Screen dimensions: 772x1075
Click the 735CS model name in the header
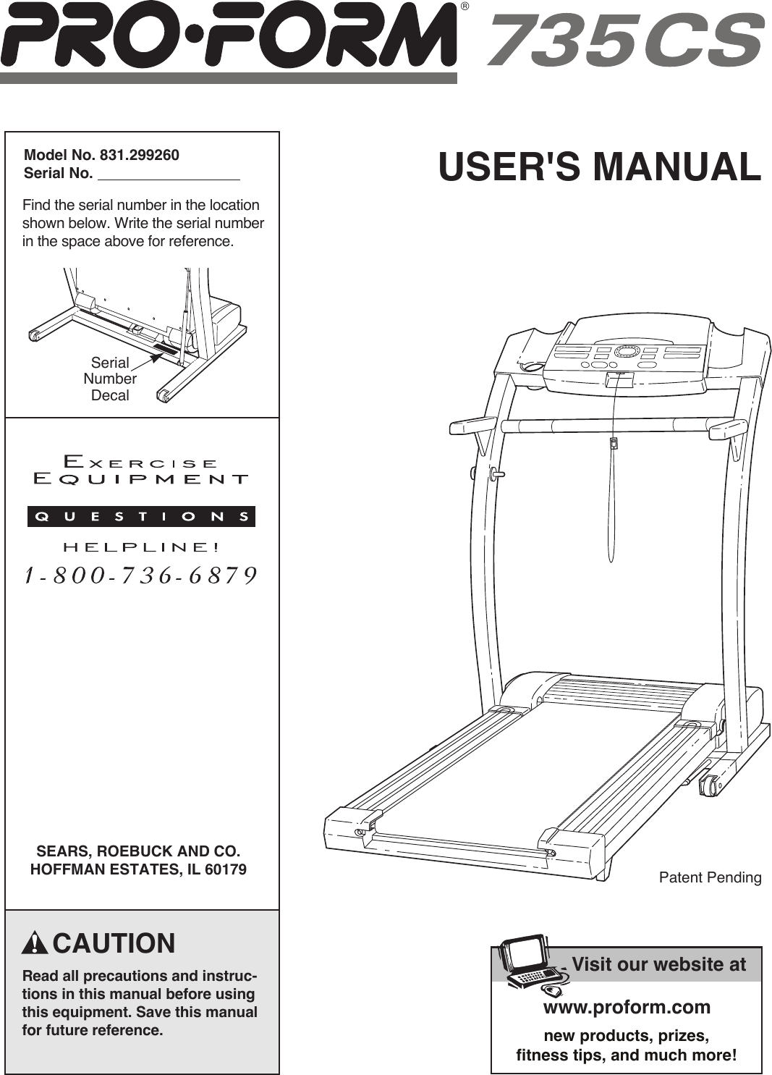click(x=625, y=40)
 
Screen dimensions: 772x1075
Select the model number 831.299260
click(x=140, y=155)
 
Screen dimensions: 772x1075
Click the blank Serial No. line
click(x=169, y=174)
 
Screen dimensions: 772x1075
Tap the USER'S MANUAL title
click(x=600, y=166)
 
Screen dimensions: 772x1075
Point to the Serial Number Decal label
click(x=110, y=379)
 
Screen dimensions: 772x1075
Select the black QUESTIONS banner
click(x=141, y=516)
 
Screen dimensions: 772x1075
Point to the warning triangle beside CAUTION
click(x=35, y=944)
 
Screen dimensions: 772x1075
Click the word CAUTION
click(x=114, y=944)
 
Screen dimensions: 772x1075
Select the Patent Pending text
click(x=710, y=877)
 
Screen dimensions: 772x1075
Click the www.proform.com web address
click(x=627, y=1007)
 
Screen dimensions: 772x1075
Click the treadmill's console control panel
click(x=627, y=355)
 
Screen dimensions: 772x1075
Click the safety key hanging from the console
click(x=614, y=443)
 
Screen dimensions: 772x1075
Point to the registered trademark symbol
click(x=465, y=7)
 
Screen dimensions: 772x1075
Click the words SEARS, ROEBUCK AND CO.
click(x=138, y=851)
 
